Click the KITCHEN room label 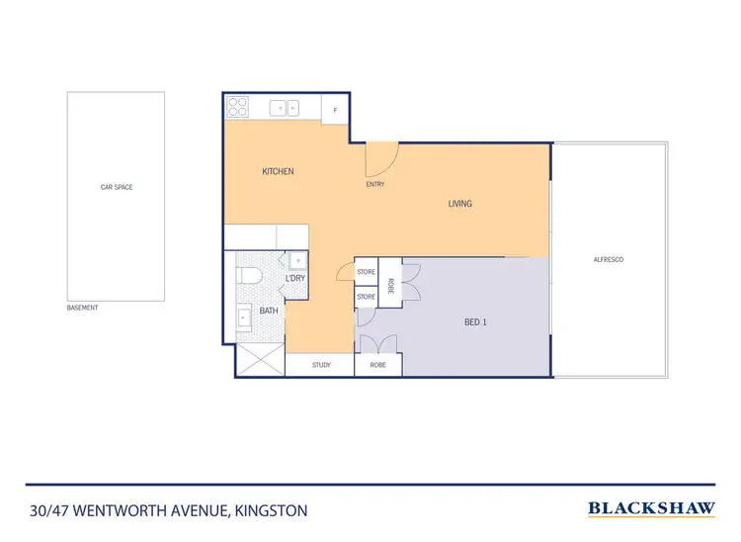click(x=278, y=171)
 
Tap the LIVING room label click(x=460, y=204)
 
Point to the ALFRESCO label click(x=607, y=258)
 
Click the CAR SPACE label click(x=117, y=186)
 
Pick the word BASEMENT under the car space click(x=82, y=308)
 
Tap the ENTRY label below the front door click(x=374, y=184)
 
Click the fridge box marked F click(x=336, y=109)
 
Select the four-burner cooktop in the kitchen click(x=238, y=107)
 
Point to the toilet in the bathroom click(x=250, y=276)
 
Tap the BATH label click(x=269, y=311)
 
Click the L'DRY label click(x=295, y=279)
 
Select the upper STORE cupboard click(x=366, y=272)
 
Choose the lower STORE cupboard click(x=366, y=296)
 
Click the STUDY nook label click(x=321, y=365)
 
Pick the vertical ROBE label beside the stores click(x=390, y=284)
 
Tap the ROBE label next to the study click(x=377, y=365)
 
